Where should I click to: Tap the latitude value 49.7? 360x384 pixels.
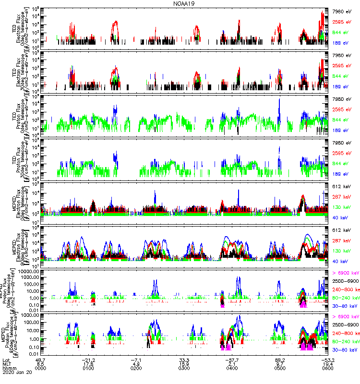(41, 360)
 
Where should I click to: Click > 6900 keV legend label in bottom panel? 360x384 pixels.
(346, 317)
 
